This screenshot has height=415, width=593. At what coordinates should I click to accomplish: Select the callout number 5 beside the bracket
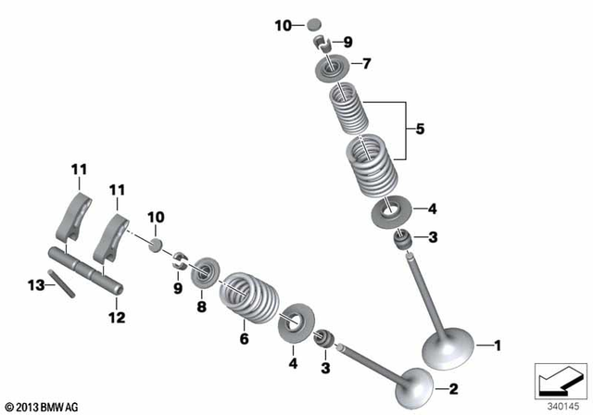click(x=421, y=131)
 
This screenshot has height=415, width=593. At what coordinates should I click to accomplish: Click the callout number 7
click(x=365, y=64)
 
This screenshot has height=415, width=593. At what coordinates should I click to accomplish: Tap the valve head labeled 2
click(x=413, y=386)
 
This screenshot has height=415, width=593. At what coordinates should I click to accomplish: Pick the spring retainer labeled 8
click(x=203, y=274)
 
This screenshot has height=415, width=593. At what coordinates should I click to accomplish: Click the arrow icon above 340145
click(x=561, y=381)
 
